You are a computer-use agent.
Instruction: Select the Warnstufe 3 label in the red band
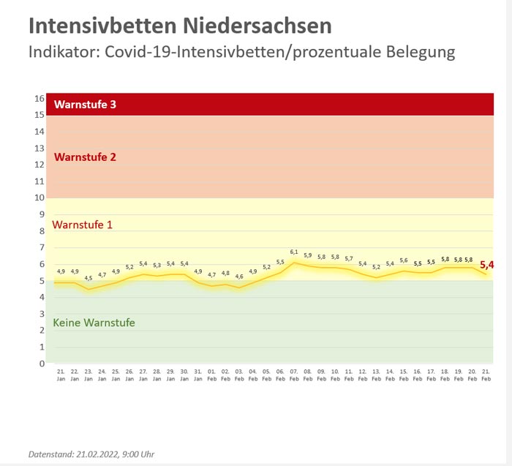coord(85,105)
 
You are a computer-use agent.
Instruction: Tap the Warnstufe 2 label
coord(85,157)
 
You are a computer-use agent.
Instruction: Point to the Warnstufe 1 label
coord(83,225)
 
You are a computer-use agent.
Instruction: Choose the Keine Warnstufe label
coord(94,322)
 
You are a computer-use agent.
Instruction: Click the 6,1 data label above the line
coord(294,252)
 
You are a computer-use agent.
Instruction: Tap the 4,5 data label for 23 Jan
coord(89,278)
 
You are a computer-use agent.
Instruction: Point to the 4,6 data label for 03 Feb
coord(239,277)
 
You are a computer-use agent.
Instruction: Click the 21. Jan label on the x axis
coord(61,375)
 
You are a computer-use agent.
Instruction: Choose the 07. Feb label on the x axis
coord(294,375)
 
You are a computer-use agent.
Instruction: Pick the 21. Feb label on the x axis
coord(486,375)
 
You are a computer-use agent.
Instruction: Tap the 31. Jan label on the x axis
coord(197,375)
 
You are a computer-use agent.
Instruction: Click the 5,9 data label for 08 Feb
coord(308,255)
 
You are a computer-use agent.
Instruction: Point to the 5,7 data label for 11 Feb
coord(349,258)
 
